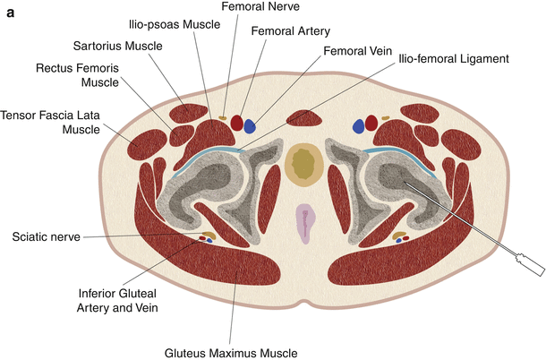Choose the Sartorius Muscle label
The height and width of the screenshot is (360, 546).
point(111,45)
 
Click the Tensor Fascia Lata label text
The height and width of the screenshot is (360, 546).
point(47,122)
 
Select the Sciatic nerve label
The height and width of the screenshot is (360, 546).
point(47,237)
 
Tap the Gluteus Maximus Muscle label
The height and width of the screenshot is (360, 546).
point(235,350)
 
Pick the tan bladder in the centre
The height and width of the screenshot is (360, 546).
point(305,163)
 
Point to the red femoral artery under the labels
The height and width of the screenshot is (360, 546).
point(236,123)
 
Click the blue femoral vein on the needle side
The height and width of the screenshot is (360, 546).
point(360,125)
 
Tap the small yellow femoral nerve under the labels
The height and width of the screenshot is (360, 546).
point(222,117)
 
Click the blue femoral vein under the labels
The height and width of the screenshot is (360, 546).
point(250,125)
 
